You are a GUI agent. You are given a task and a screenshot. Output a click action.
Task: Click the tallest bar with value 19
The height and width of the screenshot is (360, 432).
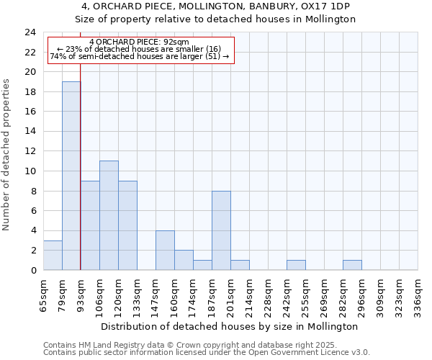[71, 176]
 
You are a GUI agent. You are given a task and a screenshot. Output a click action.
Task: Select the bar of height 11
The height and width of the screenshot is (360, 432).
[109, 215]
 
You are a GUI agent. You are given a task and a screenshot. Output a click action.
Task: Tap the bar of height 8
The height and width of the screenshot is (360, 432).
[221, 230]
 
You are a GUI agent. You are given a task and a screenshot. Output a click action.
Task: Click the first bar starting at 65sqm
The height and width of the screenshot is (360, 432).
[53, 255]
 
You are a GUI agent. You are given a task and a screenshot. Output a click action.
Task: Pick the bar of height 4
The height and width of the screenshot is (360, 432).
[165, 250]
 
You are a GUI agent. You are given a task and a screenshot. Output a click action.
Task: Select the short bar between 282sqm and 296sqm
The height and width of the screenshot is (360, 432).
[352, 265]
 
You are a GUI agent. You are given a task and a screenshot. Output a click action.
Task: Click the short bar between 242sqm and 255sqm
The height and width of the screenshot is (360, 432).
[296, 265]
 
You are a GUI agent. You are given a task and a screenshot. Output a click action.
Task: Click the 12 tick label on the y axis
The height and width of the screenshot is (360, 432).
[30, 151]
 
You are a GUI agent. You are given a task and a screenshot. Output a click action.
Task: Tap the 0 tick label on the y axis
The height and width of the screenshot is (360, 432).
[33, 270]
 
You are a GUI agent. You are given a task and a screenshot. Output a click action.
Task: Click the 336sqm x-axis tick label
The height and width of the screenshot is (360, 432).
[418, 295]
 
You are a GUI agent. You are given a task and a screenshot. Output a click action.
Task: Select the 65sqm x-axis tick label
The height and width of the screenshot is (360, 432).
[43, 295]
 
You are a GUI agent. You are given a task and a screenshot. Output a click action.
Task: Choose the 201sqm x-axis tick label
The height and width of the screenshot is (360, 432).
[230, 295]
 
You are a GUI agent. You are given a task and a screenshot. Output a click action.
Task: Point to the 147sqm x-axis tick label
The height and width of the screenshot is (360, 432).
[156, 295]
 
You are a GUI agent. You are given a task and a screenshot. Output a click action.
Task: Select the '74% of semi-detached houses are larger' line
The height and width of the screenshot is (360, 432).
[140, 56]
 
